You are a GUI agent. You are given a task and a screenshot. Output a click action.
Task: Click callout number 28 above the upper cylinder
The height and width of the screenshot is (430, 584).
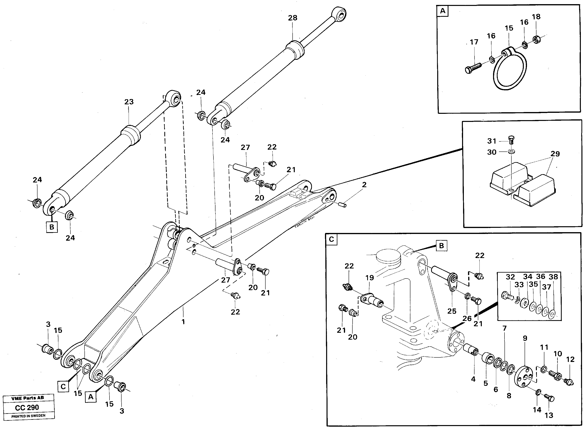pyautogui.click(x=292, y=18)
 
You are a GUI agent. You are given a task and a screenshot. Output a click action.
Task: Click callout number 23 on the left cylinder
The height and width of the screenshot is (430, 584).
pyautogui.click(x=129, y=102)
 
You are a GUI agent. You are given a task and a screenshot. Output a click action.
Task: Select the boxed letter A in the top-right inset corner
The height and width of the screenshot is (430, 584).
pyautogui.click(x=443, y=11)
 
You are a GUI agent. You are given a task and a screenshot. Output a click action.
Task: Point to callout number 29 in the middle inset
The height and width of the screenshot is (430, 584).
pyautogui.click(x=555, y=154)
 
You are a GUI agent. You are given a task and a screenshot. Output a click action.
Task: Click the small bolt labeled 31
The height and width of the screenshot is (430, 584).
pyautogui.click(x=511, y=140)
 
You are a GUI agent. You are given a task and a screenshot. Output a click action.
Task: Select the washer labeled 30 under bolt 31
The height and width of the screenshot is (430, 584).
pyautogui.click(x=511, y=151)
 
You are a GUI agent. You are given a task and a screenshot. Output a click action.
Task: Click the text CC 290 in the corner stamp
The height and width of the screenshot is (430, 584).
pyautogui.click(x=27, y=407)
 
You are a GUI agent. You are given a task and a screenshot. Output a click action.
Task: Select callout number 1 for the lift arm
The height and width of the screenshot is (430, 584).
pyautogui.click(x=183, y=322)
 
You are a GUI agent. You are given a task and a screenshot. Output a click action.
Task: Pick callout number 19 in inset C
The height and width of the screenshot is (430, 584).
pyautogui.click(x=370, y=278)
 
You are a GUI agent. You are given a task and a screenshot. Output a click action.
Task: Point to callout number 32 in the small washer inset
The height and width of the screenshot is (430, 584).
pyautogui.click(x=510, y=277)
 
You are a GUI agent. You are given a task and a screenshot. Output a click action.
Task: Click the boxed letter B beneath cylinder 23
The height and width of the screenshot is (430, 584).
pyautogui.click(x=51, y=227)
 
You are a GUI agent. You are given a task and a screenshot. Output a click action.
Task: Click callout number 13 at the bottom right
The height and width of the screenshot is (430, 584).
pyautogui.click(x=549, y=415)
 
